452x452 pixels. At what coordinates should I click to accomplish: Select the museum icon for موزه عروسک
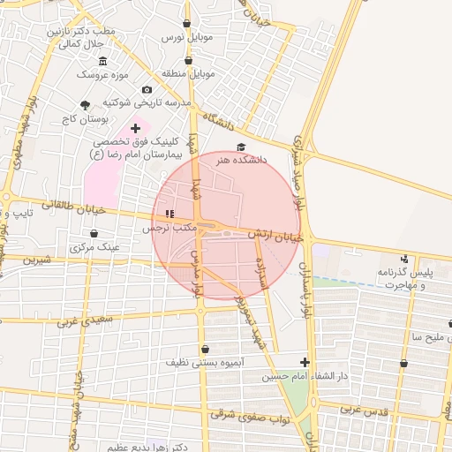tap(103, 60)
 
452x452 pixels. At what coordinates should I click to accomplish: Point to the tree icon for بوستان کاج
tap(85, 104)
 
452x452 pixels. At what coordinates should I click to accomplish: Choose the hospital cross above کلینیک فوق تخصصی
tap(135, 128)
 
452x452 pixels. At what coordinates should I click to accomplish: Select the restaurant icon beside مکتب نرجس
tap(169, 213)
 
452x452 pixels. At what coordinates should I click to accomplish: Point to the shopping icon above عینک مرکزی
tap(94, 233)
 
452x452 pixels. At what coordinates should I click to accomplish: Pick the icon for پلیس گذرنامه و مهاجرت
tap(404, 259)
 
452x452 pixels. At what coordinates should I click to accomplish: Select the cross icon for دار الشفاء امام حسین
tap(305, 361)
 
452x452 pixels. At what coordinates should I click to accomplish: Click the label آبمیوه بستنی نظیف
tap(205, 362)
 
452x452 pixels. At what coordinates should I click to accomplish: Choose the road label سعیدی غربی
tap(85, 320)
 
